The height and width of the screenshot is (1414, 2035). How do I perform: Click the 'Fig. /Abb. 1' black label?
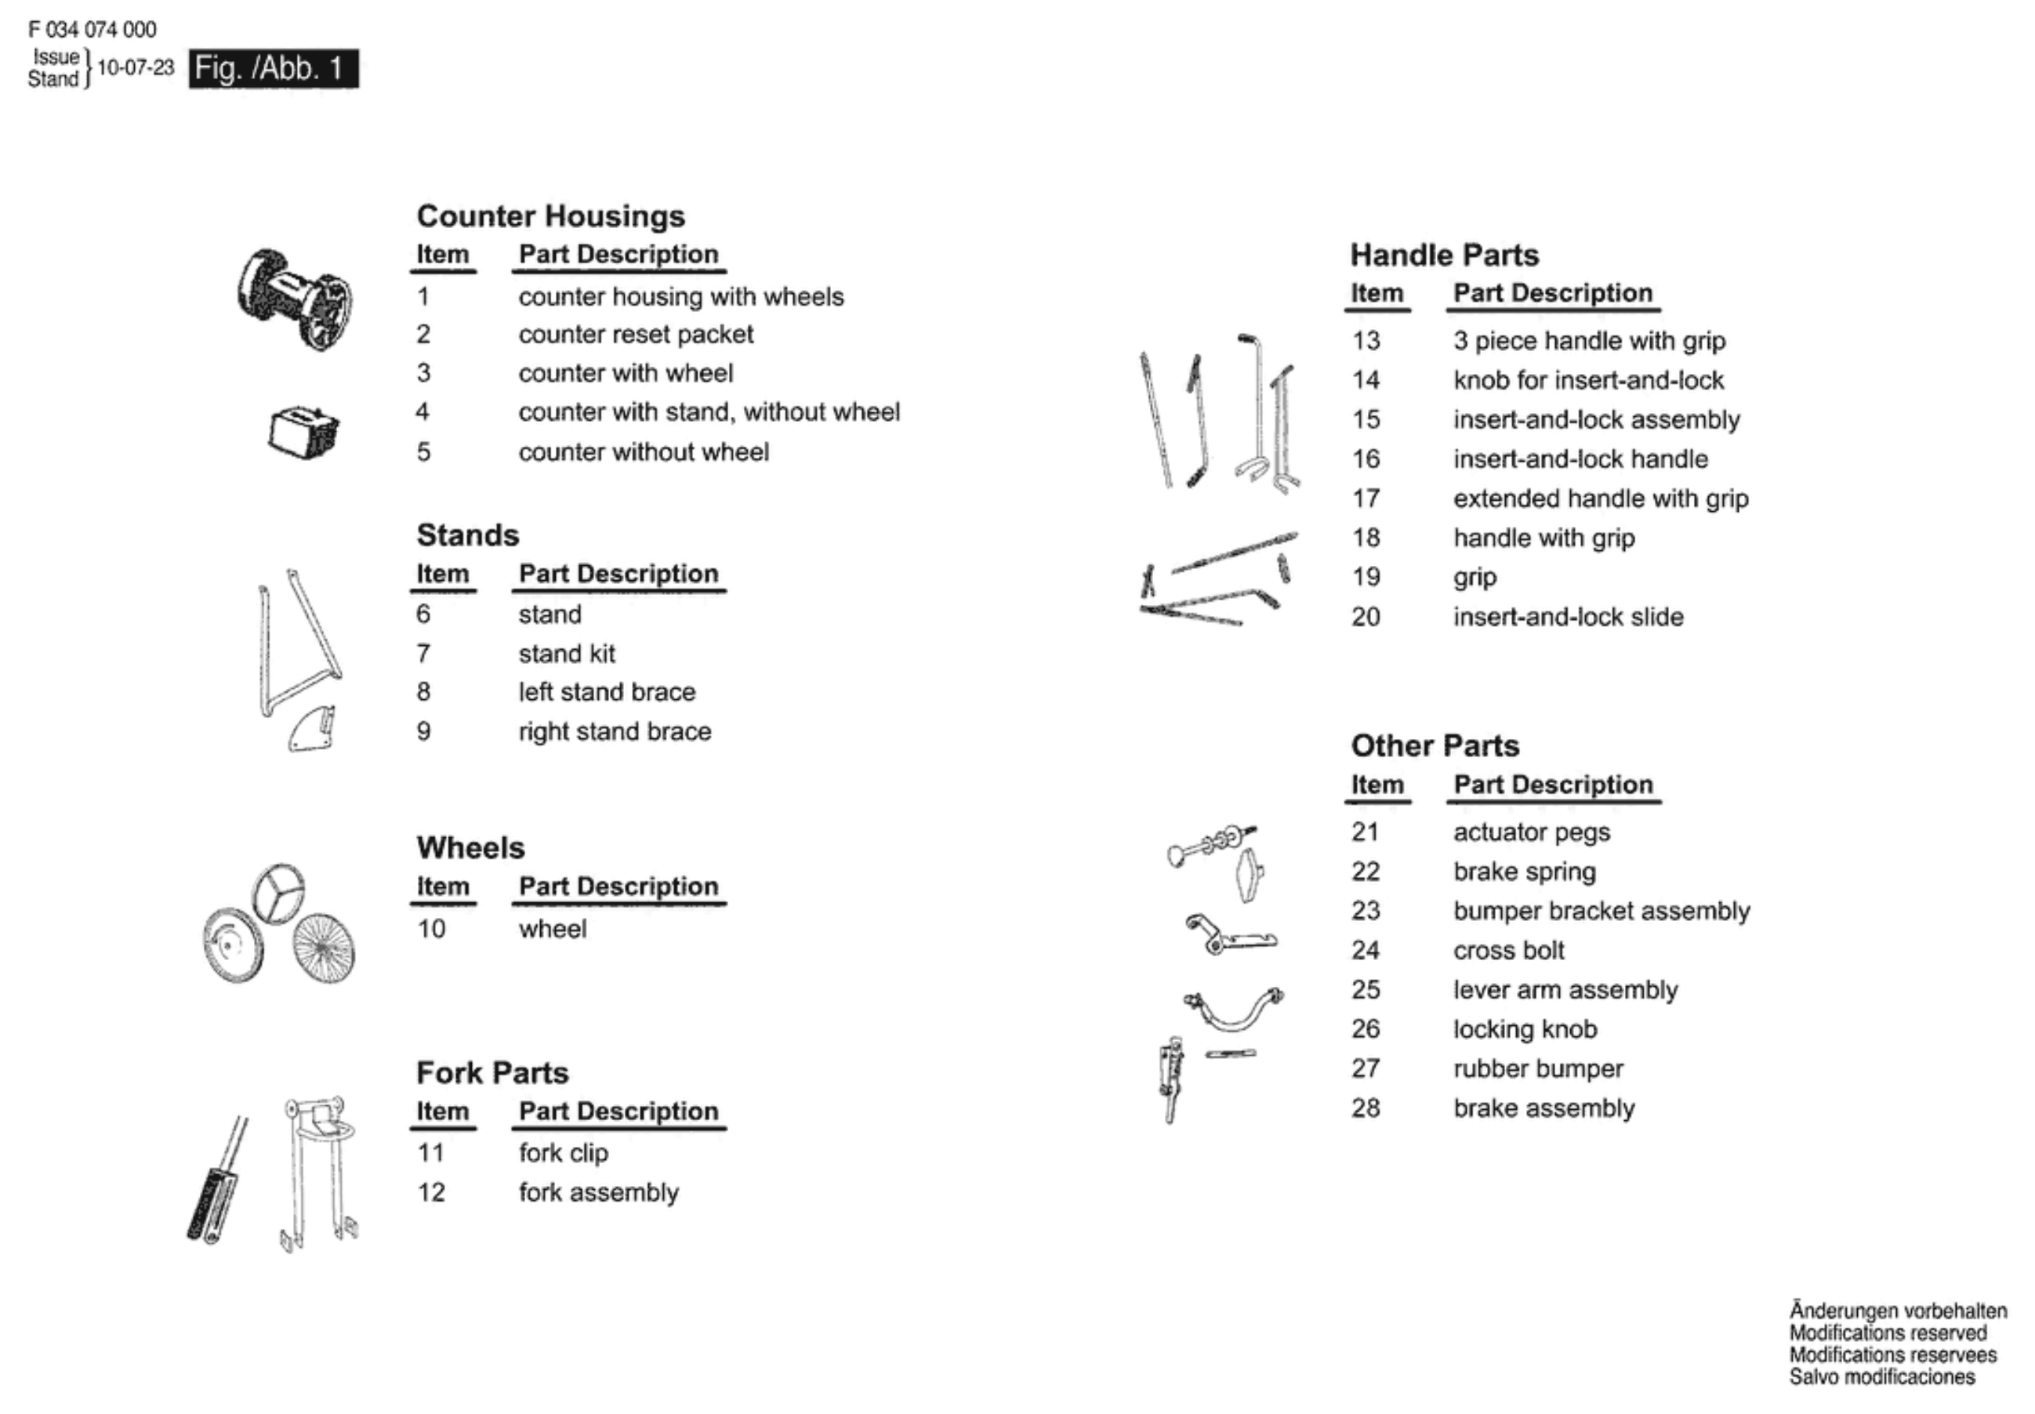273,68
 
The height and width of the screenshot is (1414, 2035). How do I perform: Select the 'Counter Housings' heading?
550,216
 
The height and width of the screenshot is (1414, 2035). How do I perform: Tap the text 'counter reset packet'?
635,334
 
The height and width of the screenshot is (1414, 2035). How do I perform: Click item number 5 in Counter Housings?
423,451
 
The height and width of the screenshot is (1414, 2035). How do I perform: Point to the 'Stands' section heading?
467,535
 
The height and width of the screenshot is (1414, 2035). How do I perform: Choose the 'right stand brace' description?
614,731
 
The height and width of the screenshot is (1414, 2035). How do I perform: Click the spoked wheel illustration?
324,948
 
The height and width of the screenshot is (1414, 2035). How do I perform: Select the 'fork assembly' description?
598,1192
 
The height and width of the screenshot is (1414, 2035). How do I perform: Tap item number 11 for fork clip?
430,1153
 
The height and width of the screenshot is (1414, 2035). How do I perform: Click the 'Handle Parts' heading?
1444,256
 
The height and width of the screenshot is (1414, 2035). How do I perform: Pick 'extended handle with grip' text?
1600,498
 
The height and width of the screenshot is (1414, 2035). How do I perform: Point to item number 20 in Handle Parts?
1366,617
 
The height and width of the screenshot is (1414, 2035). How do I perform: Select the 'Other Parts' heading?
1435,746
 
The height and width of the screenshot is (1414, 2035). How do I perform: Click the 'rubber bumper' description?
1538,1068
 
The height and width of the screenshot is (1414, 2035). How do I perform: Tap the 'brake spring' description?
1524,871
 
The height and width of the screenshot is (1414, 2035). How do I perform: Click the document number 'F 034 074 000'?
92,29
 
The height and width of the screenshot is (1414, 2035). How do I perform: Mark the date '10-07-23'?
136,67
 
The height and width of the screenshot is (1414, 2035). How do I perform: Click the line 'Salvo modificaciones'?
1881,1377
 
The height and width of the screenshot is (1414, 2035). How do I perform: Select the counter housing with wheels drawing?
294,299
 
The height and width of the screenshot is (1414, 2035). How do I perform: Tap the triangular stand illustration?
297,642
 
